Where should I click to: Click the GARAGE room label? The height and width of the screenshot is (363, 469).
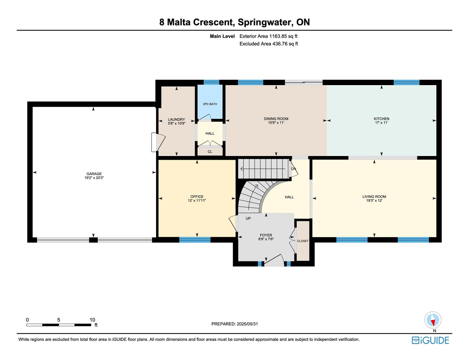point(94,174)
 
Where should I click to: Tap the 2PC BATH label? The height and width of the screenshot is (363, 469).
point(210,104)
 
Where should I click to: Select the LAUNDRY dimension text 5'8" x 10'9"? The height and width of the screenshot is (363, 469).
point(177,124)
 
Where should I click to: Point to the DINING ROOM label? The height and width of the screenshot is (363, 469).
point(276,119)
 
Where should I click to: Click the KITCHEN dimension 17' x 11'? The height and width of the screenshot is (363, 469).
point(381,123)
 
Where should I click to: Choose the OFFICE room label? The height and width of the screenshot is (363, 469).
point(197,197)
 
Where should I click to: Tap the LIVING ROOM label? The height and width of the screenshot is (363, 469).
point(374,197)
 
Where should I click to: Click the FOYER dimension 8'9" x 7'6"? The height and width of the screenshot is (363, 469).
point(266,239)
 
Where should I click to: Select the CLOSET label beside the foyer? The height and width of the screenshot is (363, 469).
point(302,241)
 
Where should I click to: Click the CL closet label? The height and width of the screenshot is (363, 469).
point(210,152)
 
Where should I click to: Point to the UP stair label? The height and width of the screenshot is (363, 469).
point(248,218)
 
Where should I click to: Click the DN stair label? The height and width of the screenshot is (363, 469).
point(293,169)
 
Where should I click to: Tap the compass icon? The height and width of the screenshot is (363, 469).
point(433,320)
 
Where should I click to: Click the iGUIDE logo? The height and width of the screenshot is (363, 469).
point(430,341)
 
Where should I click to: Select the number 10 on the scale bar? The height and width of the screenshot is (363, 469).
point(92,320)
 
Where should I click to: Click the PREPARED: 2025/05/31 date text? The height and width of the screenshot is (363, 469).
point(234,324)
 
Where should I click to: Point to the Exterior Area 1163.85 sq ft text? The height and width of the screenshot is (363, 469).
point(268,36)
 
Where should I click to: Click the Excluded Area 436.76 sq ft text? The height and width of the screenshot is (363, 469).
point(269,44)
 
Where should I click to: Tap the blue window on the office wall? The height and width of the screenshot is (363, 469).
point(195,240)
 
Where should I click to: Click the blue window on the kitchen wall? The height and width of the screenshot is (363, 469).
point(406,82)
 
